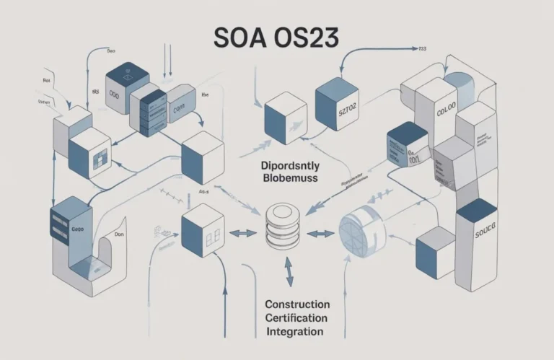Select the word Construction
point(297,304)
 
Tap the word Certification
point(296,318)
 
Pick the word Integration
point(294,332)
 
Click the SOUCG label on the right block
point(476,234)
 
